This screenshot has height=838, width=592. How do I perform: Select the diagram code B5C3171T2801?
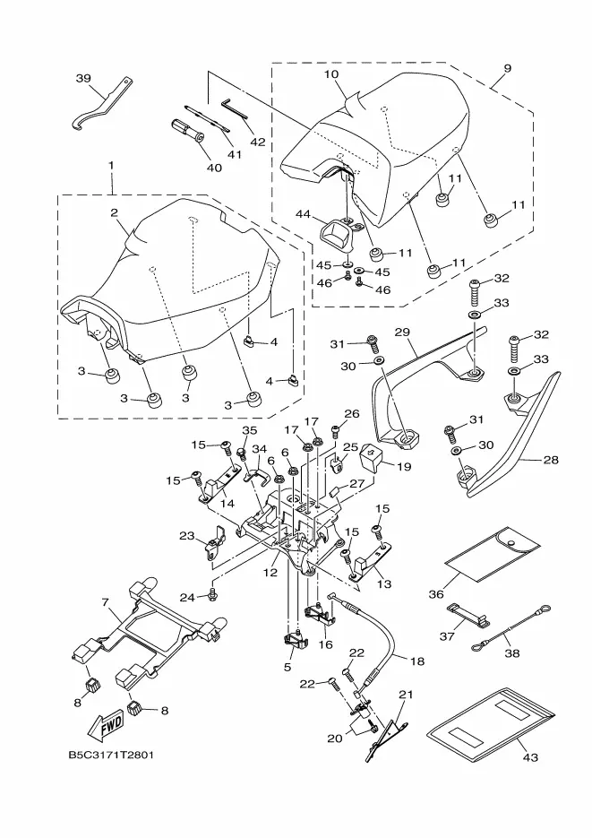click(x=110, y=754)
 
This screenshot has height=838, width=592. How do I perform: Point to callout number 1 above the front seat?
click(x=111, y=166)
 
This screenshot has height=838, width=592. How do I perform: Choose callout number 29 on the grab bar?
click(x=402, y=333)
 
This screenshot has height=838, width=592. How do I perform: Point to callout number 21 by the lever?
click(x=404, y=695)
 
